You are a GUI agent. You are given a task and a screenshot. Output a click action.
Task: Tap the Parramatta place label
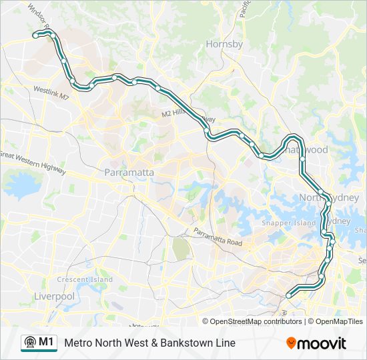tap(129, 173)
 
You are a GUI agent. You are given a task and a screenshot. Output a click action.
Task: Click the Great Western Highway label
tap(33, 161)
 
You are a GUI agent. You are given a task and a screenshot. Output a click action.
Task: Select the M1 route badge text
tap(46, 342)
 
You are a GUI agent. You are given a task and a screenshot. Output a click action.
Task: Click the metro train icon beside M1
tap(29, 343)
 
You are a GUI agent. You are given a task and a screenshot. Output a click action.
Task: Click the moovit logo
tap(316, 343)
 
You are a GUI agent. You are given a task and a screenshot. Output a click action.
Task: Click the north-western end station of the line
tap(37, 34)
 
